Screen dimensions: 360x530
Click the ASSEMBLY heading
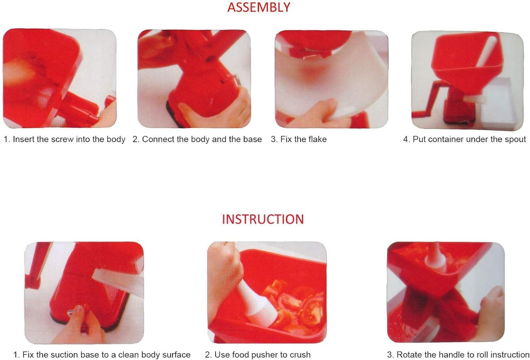[x=259, y=8]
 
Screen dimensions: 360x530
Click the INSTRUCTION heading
[x=263, y=219]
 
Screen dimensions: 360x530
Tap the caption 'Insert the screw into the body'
[x=65, y=139]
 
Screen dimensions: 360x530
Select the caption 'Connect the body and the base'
[x=197, y=139]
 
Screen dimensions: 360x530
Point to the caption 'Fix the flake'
[x=299, y=139]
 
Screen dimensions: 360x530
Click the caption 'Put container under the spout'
[x=464, y=139]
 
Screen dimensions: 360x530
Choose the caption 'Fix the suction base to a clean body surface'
[x=102, y=355]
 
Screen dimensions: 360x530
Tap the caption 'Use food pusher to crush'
[x=258, y=355]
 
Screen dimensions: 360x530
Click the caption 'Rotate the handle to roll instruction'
[x=458, y=355]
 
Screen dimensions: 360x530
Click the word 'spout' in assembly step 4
[x=515, y=139]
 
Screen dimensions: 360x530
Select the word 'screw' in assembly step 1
[x=62, y=139]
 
